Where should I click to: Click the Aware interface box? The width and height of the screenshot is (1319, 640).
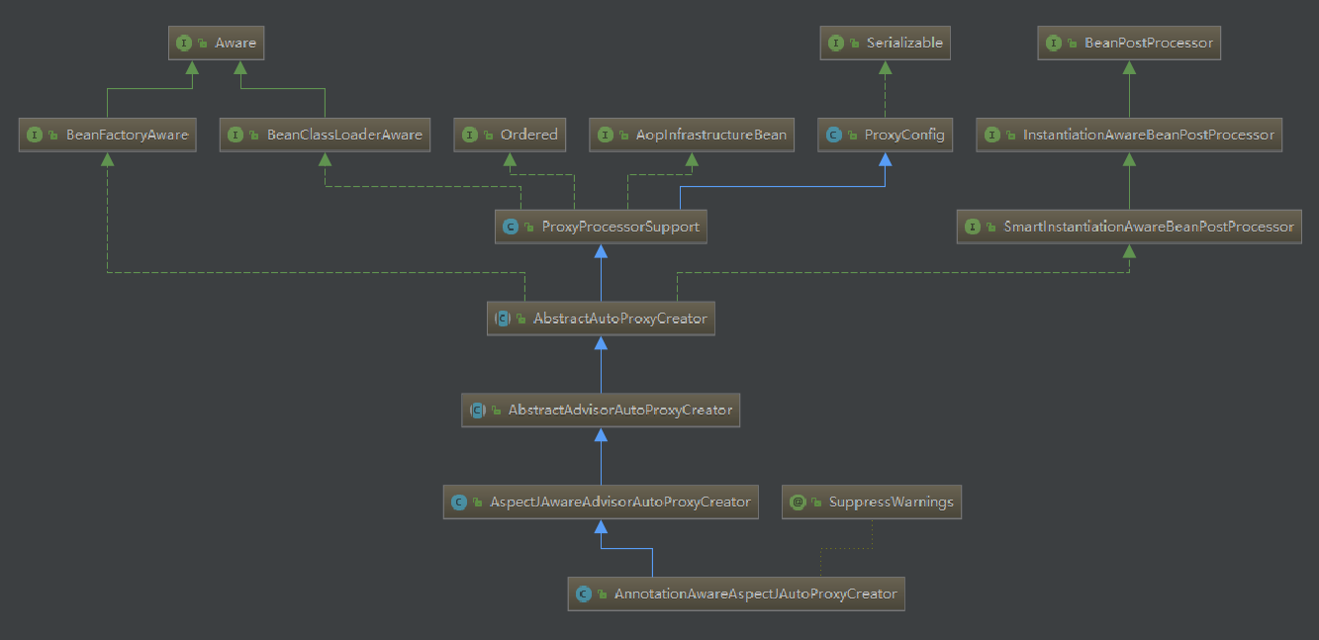click(216, 43)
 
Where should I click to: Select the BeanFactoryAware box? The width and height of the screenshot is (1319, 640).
click(107, 135)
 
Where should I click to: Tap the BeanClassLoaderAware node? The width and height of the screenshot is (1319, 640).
click(325, 135)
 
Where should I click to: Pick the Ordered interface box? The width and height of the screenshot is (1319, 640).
click(510, 135)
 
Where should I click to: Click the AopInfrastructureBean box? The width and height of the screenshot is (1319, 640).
click(692, 135)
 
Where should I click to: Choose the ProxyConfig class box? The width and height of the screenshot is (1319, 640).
click(885, 135)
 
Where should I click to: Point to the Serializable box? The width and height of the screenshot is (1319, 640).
click(885, 43)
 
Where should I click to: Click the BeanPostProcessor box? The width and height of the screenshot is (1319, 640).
click(1129, 43)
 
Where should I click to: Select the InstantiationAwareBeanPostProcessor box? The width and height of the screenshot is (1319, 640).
click(1129, 135)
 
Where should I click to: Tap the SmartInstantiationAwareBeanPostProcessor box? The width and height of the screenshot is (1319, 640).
click(1129, 227)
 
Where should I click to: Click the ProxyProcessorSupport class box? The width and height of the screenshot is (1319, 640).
click(602, 227)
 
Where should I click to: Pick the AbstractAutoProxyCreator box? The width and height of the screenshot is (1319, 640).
click(602, 319)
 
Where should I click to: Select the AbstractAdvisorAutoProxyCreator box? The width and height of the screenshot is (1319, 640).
click(602, 411)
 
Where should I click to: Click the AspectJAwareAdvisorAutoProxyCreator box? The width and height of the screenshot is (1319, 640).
click(602, 503)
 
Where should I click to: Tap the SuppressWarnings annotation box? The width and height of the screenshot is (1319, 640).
click(872, 503)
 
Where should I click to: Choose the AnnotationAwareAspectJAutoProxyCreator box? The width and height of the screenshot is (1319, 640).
click(736, 594)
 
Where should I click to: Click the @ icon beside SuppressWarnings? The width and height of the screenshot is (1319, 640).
click(798, 503)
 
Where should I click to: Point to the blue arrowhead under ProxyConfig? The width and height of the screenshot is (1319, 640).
click(885, 159)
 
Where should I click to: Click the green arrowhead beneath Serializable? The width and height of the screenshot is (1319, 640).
click(885, 67)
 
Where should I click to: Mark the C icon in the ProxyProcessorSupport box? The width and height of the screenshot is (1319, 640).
click(511, 227)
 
